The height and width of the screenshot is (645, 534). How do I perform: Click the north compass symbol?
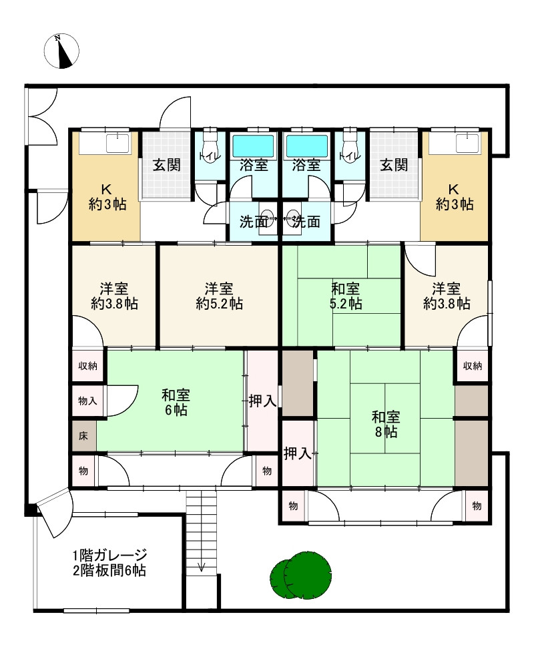tap(61, 51)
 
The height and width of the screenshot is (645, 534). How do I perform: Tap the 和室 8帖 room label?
tap(386, 425)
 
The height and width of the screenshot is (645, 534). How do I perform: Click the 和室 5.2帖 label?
tap(346, 296)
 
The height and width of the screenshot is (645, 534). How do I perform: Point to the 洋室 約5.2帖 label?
tap(218, 296)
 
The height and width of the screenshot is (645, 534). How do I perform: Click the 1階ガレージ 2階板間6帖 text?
tap(109, 562)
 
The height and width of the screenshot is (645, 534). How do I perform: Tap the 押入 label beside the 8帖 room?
tap(297, 454)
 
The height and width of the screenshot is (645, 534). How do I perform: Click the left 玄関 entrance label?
tap(165, 166)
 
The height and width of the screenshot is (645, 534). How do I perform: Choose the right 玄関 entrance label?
tap(394, 166)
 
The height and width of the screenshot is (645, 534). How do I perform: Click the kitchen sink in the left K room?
tap(117, 142)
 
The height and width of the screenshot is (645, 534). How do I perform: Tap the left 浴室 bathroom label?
tap(254, 166)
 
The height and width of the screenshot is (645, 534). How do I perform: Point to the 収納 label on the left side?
tap(87, 365)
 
